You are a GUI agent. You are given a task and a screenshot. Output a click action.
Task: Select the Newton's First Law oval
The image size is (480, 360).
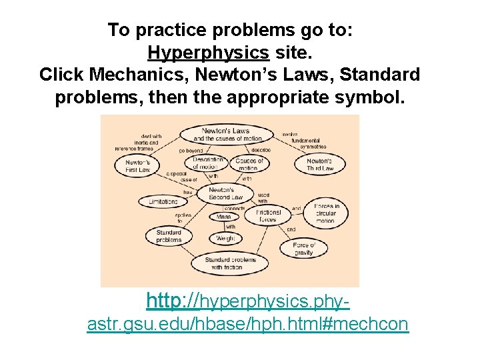click(137, 165)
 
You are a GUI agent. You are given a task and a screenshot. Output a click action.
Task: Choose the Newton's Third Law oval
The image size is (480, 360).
click(319, 165)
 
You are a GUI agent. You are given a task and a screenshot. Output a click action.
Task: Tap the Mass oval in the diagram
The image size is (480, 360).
click(224, 216)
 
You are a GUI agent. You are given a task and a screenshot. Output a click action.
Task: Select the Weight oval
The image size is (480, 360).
click(224, 238)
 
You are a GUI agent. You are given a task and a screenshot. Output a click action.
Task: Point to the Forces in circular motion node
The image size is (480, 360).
click(325, 213)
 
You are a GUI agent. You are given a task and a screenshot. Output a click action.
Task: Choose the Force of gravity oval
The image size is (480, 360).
click(303, 249)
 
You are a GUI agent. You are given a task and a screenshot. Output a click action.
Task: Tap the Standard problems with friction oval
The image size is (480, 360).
click(230, 263)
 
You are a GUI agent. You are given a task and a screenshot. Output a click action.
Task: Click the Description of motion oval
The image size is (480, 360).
click(207, 163)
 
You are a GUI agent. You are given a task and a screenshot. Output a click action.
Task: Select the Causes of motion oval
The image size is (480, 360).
click(249, 163)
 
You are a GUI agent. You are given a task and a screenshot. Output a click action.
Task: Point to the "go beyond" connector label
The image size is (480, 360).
click(190, 151)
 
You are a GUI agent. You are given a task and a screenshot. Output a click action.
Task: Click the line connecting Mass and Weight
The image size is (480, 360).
click(224, 227)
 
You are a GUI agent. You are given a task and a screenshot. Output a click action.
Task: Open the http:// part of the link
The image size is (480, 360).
click(173, 301)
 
